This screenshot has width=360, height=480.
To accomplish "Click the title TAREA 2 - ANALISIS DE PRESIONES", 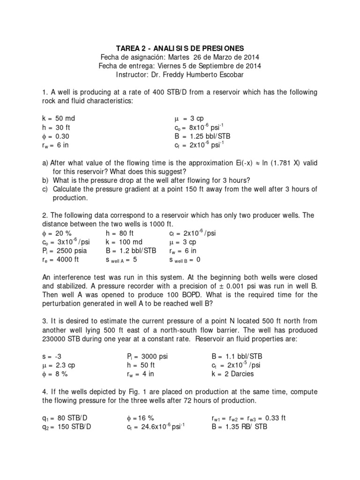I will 180,48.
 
